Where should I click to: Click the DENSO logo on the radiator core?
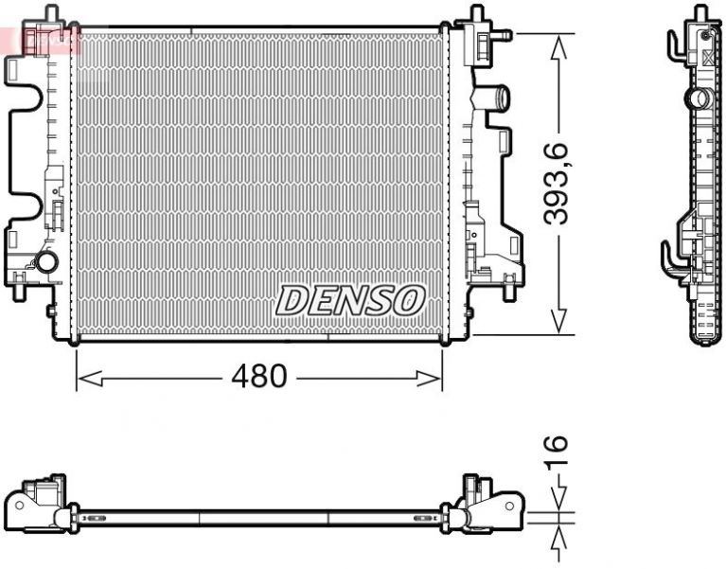click(x=348, y=301)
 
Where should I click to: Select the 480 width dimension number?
click(x=258, y=377)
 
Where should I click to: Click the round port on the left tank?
click(x=44, y=264)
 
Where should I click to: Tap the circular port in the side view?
click(x=698, y=98)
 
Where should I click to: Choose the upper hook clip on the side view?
click(x=674, y=44)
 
